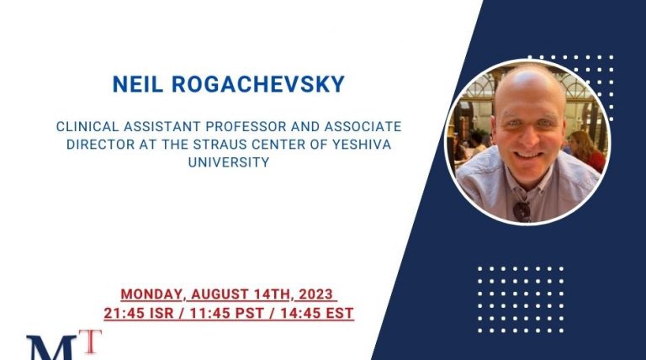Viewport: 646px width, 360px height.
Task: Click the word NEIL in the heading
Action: [138, 84]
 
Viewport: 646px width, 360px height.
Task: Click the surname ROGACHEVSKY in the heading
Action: [258, 84]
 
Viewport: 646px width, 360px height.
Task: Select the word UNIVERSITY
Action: [229, 162]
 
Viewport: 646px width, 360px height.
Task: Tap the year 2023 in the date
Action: [315, 294]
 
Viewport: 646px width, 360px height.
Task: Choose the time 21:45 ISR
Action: [139, 313]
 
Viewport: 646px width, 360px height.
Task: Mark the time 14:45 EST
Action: [317, 313]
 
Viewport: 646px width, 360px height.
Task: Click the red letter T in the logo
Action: [93, 341]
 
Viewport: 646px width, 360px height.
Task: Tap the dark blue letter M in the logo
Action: [52, 348]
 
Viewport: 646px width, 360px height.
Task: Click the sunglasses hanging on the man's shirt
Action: [522, 210]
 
